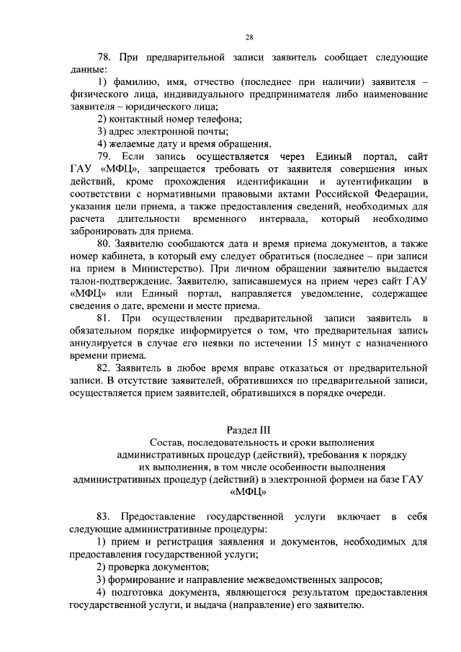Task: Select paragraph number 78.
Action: pos(105,57)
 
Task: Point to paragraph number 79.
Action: pos(105,156)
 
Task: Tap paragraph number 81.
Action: pos(105,318)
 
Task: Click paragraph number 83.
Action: pos(105,517)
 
